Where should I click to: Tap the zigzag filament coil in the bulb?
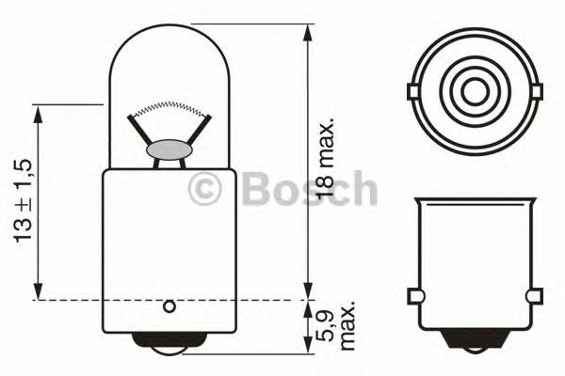click(169, 106)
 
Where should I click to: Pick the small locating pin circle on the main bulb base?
click(169, 305)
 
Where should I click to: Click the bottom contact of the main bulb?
click(169, 345)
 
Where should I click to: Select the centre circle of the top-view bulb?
click(477, 90)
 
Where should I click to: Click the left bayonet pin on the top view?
click(415, 90)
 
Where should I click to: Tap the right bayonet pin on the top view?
click(539, 90)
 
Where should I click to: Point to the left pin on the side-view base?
click(415, 299)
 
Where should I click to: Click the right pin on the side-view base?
click(539, 299)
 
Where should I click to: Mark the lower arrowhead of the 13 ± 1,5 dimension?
click(38, 292)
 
